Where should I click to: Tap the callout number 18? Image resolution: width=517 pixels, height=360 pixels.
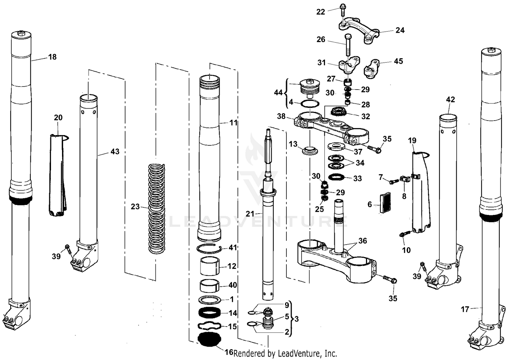point(52,57)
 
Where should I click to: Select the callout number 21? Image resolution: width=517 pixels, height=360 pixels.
point(250,214)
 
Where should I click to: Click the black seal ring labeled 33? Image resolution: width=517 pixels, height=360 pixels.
point(337,177)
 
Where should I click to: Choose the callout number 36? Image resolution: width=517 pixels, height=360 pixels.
point(363,241)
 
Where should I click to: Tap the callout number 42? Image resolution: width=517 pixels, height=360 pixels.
point(450,100)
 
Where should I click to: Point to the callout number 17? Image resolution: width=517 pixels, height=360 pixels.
point(465,309)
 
